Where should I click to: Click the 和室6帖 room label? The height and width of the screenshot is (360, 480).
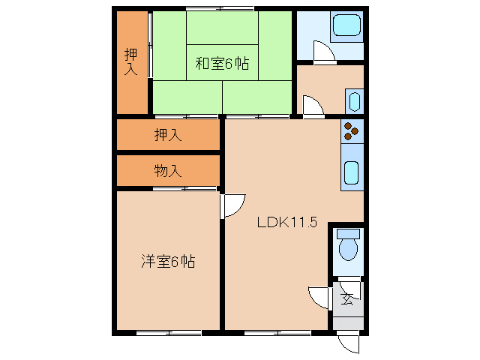pyautogui.click(x=222, y=64)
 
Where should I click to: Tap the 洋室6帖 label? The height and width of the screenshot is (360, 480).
pyautogui.click(x=169, y=262)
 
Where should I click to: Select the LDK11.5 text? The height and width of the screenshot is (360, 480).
pyautogui.click(x=288, y=222)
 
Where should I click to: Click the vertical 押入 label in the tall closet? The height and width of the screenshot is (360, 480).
pyautogui.click(x=131, y=61)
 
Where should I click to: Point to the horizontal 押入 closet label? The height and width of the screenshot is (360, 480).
pyautogui.click(x=168, y=136)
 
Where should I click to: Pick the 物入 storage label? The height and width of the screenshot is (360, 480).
pyautogui.click(x=168, y=171)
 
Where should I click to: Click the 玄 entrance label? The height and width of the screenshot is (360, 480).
pyautogui.click(x=347, y=298)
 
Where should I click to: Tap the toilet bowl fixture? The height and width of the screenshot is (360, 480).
pyautogui.click(x=349, y=244)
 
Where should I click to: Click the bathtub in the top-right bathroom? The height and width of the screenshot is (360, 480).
pyautogui.click(x=346, y=26)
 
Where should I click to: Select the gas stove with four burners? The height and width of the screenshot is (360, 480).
pyautogui.click(x=352, y=131)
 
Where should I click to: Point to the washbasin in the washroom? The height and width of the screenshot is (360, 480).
pyautogui.click(x=354, y=101)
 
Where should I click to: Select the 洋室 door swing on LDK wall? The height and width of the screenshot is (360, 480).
pyautogui.click(x=234, y=205)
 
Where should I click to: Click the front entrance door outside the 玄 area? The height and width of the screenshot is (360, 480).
pyautogui.click(x=349, y=343)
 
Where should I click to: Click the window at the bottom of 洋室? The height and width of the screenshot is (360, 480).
pyautogui.click(x=169, y=331)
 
